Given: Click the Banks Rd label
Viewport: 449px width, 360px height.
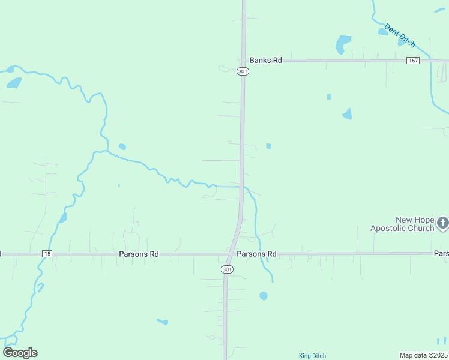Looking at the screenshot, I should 265,61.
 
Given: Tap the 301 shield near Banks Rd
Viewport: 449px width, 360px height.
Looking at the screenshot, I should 242,71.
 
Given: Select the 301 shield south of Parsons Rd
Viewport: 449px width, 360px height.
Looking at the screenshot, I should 226,269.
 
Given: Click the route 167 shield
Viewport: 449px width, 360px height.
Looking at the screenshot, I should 412,61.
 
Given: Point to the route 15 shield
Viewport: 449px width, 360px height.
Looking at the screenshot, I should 47,254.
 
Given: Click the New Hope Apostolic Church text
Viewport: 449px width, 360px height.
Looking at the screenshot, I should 402,224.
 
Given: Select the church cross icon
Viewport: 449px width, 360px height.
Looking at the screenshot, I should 442,223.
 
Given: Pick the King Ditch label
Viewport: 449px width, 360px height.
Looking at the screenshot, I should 312,356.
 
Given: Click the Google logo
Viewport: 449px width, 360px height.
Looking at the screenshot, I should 20,353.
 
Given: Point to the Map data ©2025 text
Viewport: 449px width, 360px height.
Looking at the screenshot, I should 423,355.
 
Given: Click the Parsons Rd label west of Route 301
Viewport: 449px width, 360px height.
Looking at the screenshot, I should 139,254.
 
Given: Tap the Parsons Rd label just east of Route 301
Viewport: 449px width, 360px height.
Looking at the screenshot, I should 256,254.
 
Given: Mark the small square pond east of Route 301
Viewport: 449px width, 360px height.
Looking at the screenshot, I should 268,146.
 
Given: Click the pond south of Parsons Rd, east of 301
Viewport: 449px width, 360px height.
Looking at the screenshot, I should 263,296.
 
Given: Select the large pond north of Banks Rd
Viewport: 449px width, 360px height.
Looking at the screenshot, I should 343,44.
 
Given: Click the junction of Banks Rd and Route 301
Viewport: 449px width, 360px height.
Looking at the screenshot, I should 243,61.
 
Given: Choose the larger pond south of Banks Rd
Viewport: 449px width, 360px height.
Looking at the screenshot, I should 347,113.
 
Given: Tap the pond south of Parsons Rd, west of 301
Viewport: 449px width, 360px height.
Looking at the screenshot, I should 163,322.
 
